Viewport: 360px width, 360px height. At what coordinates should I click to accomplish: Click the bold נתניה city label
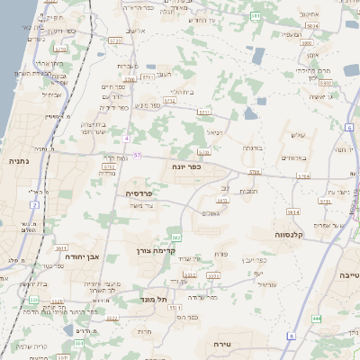(17, 161)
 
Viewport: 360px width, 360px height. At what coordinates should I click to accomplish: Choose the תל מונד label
(155, 300)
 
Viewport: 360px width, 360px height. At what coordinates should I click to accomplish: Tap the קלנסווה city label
(292, 234)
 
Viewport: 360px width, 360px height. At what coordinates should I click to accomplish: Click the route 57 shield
(138, 156)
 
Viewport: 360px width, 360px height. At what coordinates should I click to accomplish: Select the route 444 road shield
(317, 319)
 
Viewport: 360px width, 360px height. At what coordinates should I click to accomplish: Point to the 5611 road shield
(61, 247)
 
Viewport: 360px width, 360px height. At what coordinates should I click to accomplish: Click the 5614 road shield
(293, 211)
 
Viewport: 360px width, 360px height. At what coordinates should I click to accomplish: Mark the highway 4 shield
(128, 139)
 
